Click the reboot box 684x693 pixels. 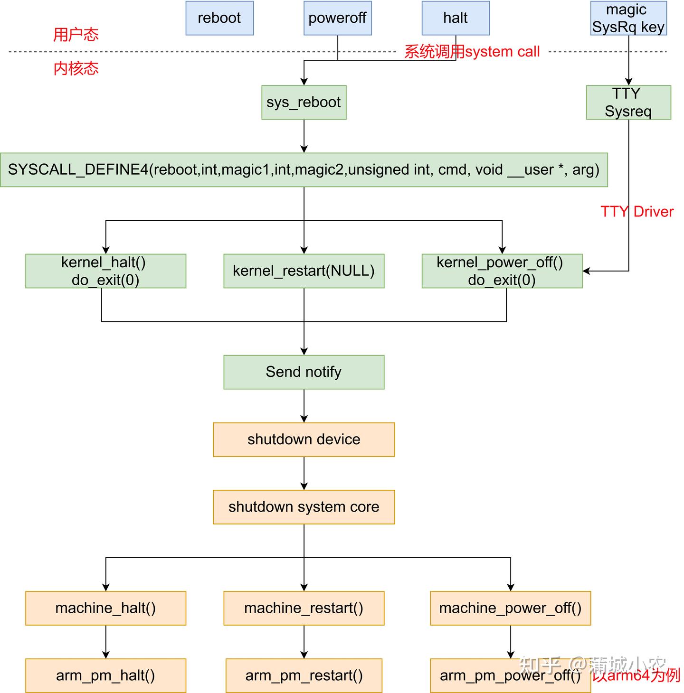219,18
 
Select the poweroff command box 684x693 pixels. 337,18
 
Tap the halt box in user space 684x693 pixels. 456,18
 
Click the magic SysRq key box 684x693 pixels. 628,18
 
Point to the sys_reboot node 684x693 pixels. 304,102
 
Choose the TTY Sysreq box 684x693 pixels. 628,102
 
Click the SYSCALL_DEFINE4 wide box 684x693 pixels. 304,169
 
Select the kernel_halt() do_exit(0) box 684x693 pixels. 105,271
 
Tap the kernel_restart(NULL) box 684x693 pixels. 304,271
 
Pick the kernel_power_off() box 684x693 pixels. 502,271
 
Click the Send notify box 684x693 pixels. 304,372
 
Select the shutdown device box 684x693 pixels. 304,440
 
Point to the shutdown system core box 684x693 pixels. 304,507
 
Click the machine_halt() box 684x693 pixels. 105,608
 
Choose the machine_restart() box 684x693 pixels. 304,608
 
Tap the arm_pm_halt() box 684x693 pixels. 105,675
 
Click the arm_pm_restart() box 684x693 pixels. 304,675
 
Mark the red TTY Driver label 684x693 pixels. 637,212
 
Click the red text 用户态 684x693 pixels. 76,35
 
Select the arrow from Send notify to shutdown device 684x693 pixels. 304,406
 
